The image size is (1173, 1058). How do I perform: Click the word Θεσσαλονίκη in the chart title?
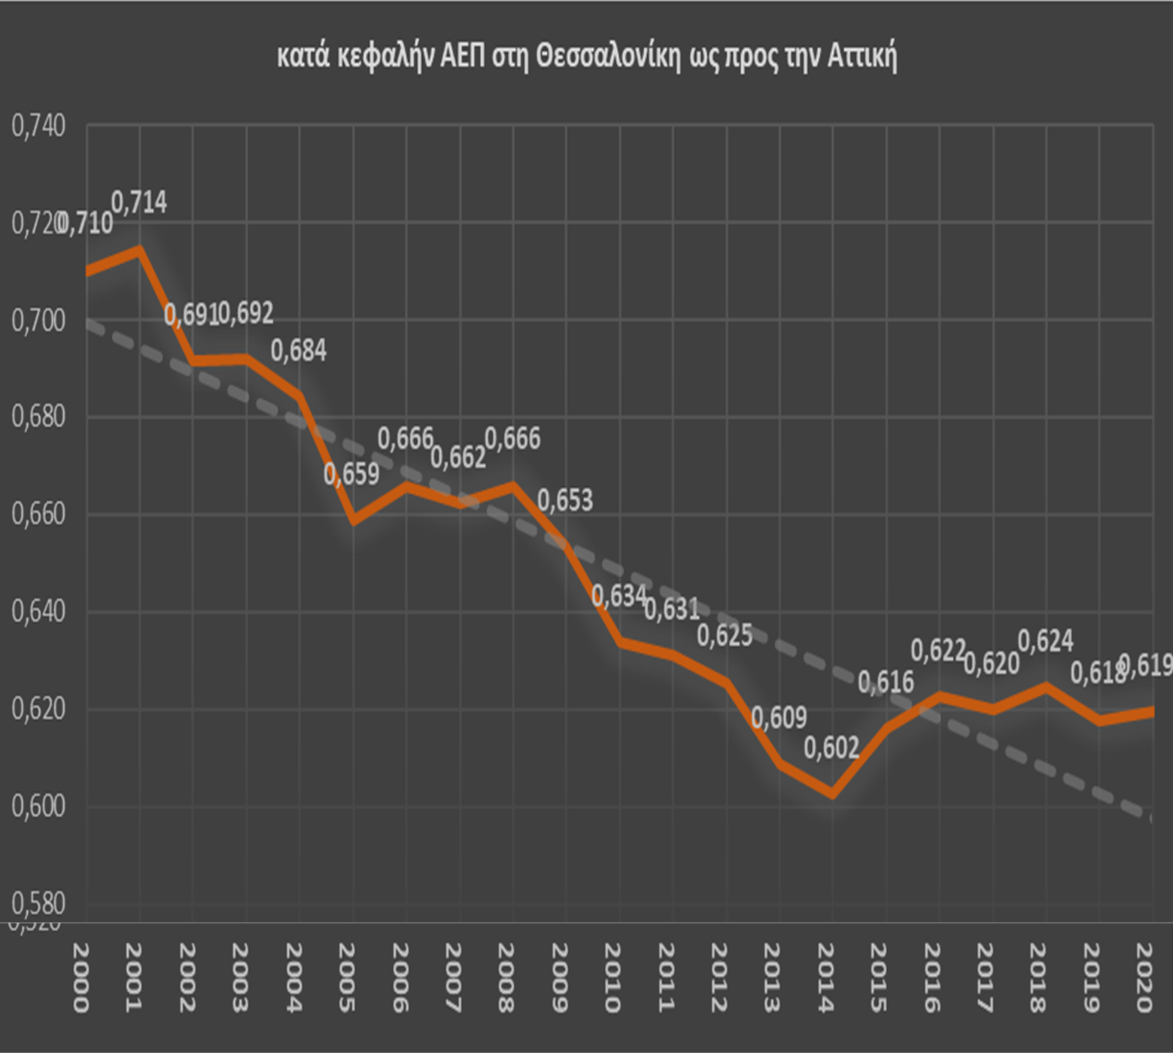click(x=608, y=57)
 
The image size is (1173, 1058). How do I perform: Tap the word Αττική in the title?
click(x=862, y=57)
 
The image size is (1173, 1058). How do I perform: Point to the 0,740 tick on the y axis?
click(x=38, y=126)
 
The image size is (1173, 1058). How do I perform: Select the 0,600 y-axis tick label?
click(x=38, y=806)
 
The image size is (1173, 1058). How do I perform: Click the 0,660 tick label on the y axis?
click(x=38, y=515)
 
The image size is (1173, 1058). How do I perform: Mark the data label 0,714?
click(x=139, y=202)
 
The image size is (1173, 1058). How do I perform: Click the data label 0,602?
click(x=831, y=748)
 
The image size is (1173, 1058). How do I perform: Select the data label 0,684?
click(x=299, y=351)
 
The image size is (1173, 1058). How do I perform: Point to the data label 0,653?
click(x=565, y=500)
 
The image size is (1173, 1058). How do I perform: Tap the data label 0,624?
click(x=1045, y=641)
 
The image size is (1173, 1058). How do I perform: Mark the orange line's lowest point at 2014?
click(x=832, y=794)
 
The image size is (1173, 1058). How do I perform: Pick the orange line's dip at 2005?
click(x=353, y=520)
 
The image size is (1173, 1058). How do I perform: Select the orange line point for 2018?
click(x=1046, y=686)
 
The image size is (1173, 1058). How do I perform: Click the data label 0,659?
click(x=351, y=474)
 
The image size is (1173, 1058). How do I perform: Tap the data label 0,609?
click(x=779, y=717)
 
